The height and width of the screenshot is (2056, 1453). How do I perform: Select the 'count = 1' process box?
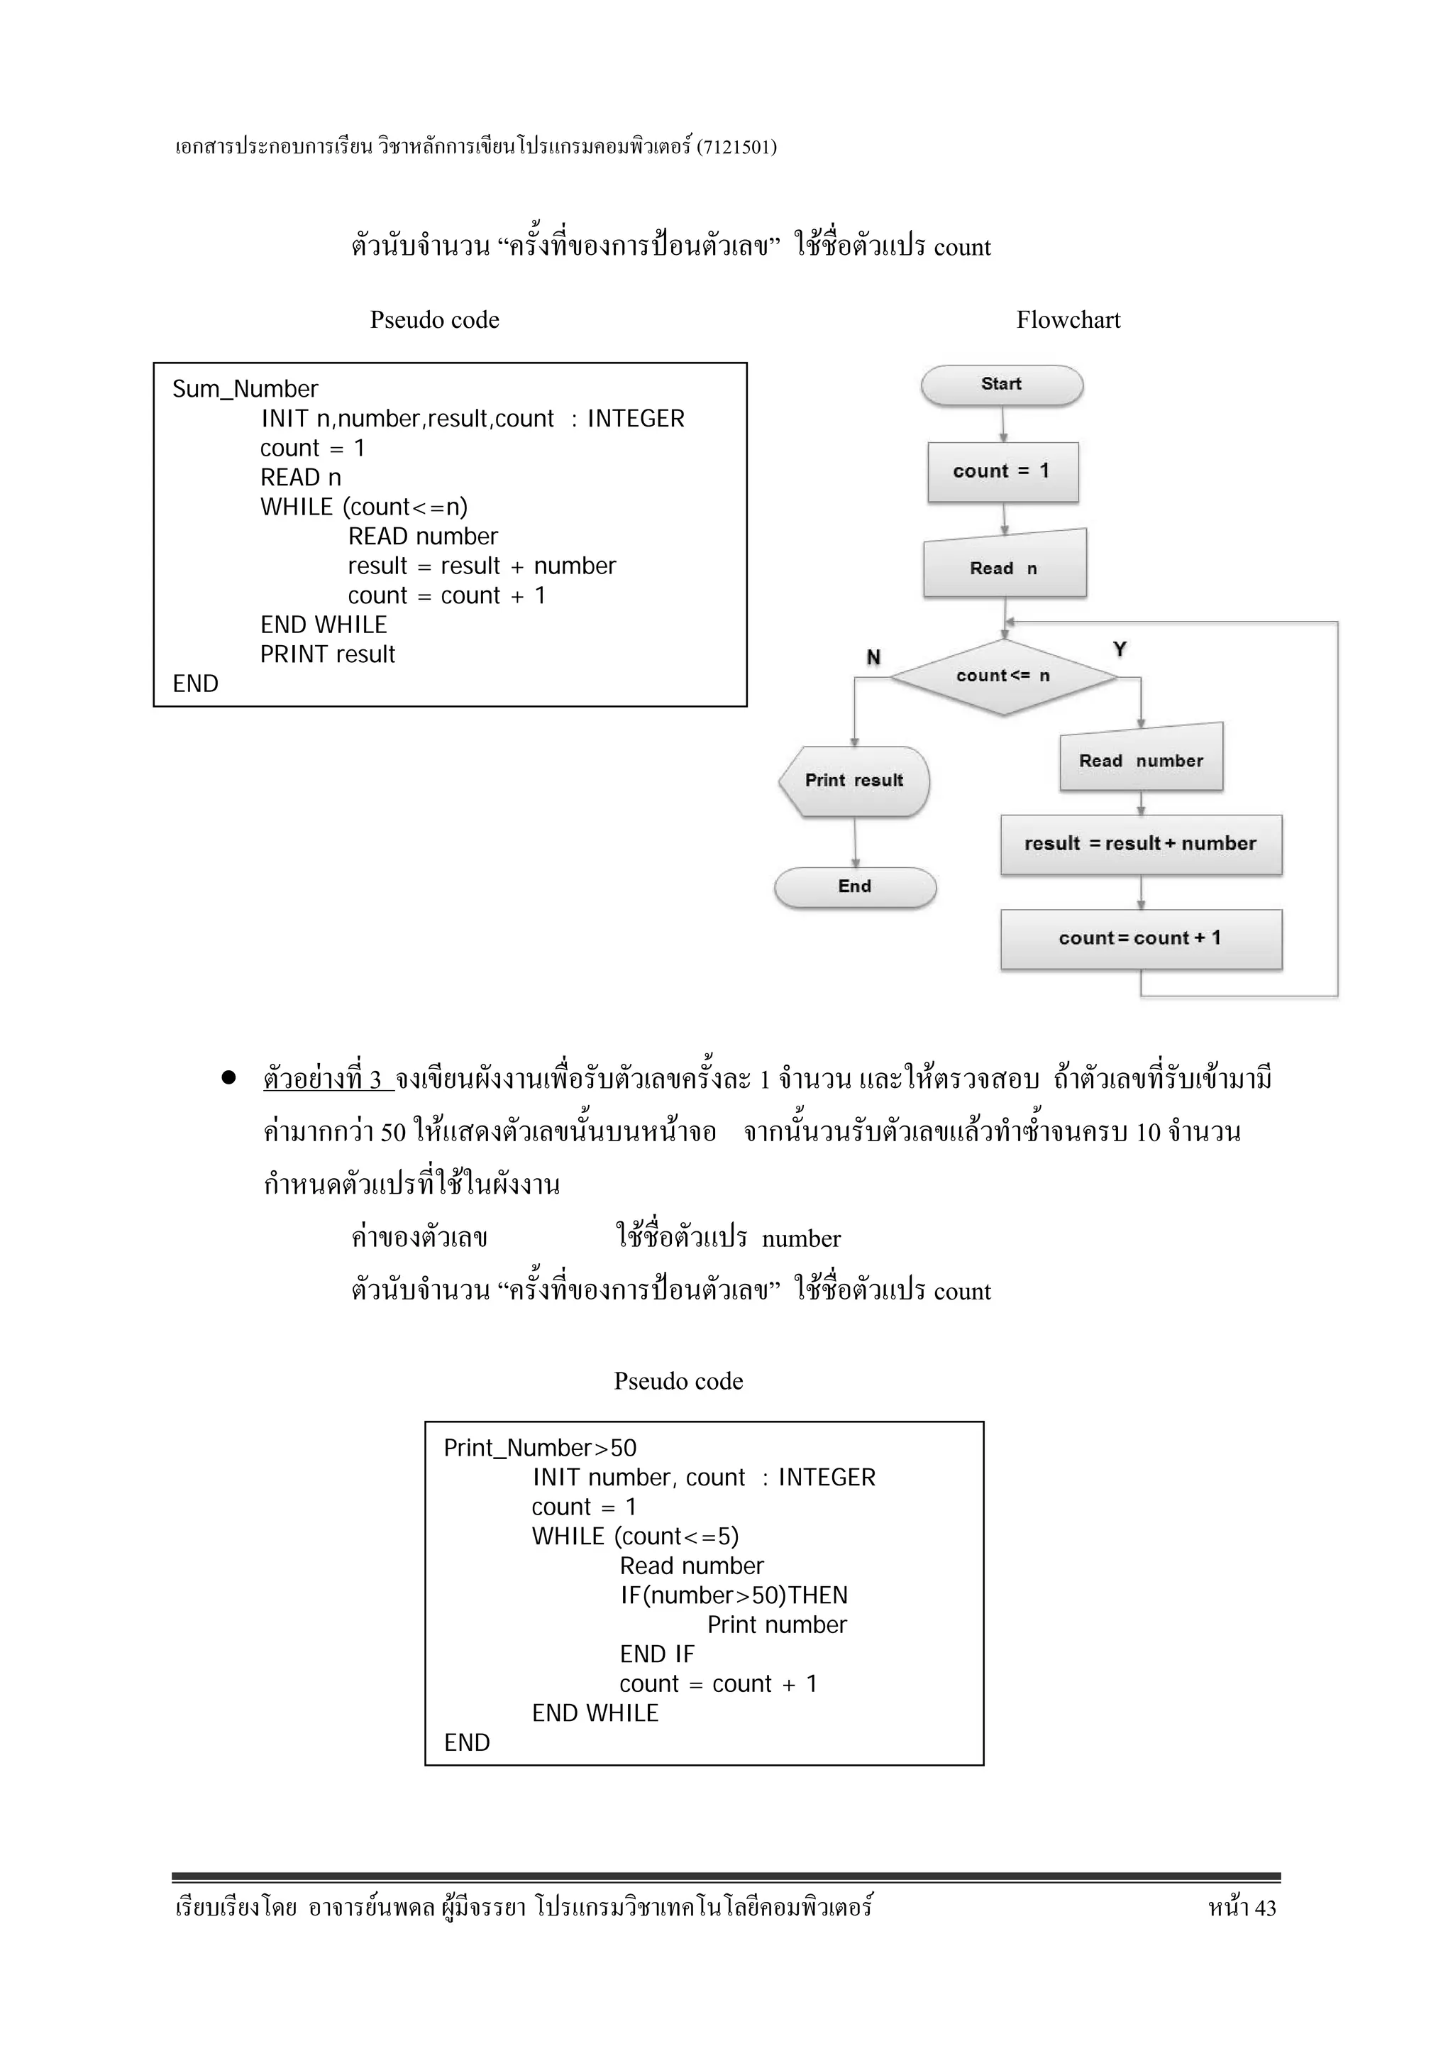pos(1002,472)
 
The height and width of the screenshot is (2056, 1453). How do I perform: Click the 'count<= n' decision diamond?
pos(1002,676)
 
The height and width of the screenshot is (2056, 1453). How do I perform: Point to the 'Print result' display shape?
pos(854,781)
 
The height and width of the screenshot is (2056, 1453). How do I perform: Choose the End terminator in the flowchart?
pos(855,886)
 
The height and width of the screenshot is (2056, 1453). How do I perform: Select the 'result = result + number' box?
pos(1141,844)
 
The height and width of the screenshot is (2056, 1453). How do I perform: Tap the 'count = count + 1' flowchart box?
pos(1141,938)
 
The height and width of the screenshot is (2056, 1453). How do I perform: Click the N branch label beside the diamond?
pos(873,657)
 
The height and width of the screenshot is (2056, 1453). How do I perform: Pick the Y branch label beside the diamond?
pos(1119,649)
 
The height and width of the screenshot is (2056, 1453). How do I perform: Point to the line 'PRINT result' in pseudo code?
pos(327,654)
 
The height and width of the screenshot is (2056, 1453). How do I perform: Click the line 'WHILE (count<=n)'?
pos(363,507)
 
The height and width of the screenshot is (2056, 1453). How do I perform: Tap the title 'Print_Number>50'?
pos(540,1448)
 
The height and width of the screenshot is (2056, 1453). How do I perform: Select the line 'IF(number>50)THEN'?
pos(733,1595)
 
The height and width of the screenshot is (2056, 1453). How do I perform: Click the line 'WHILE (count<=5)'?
pos(635,1536)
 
